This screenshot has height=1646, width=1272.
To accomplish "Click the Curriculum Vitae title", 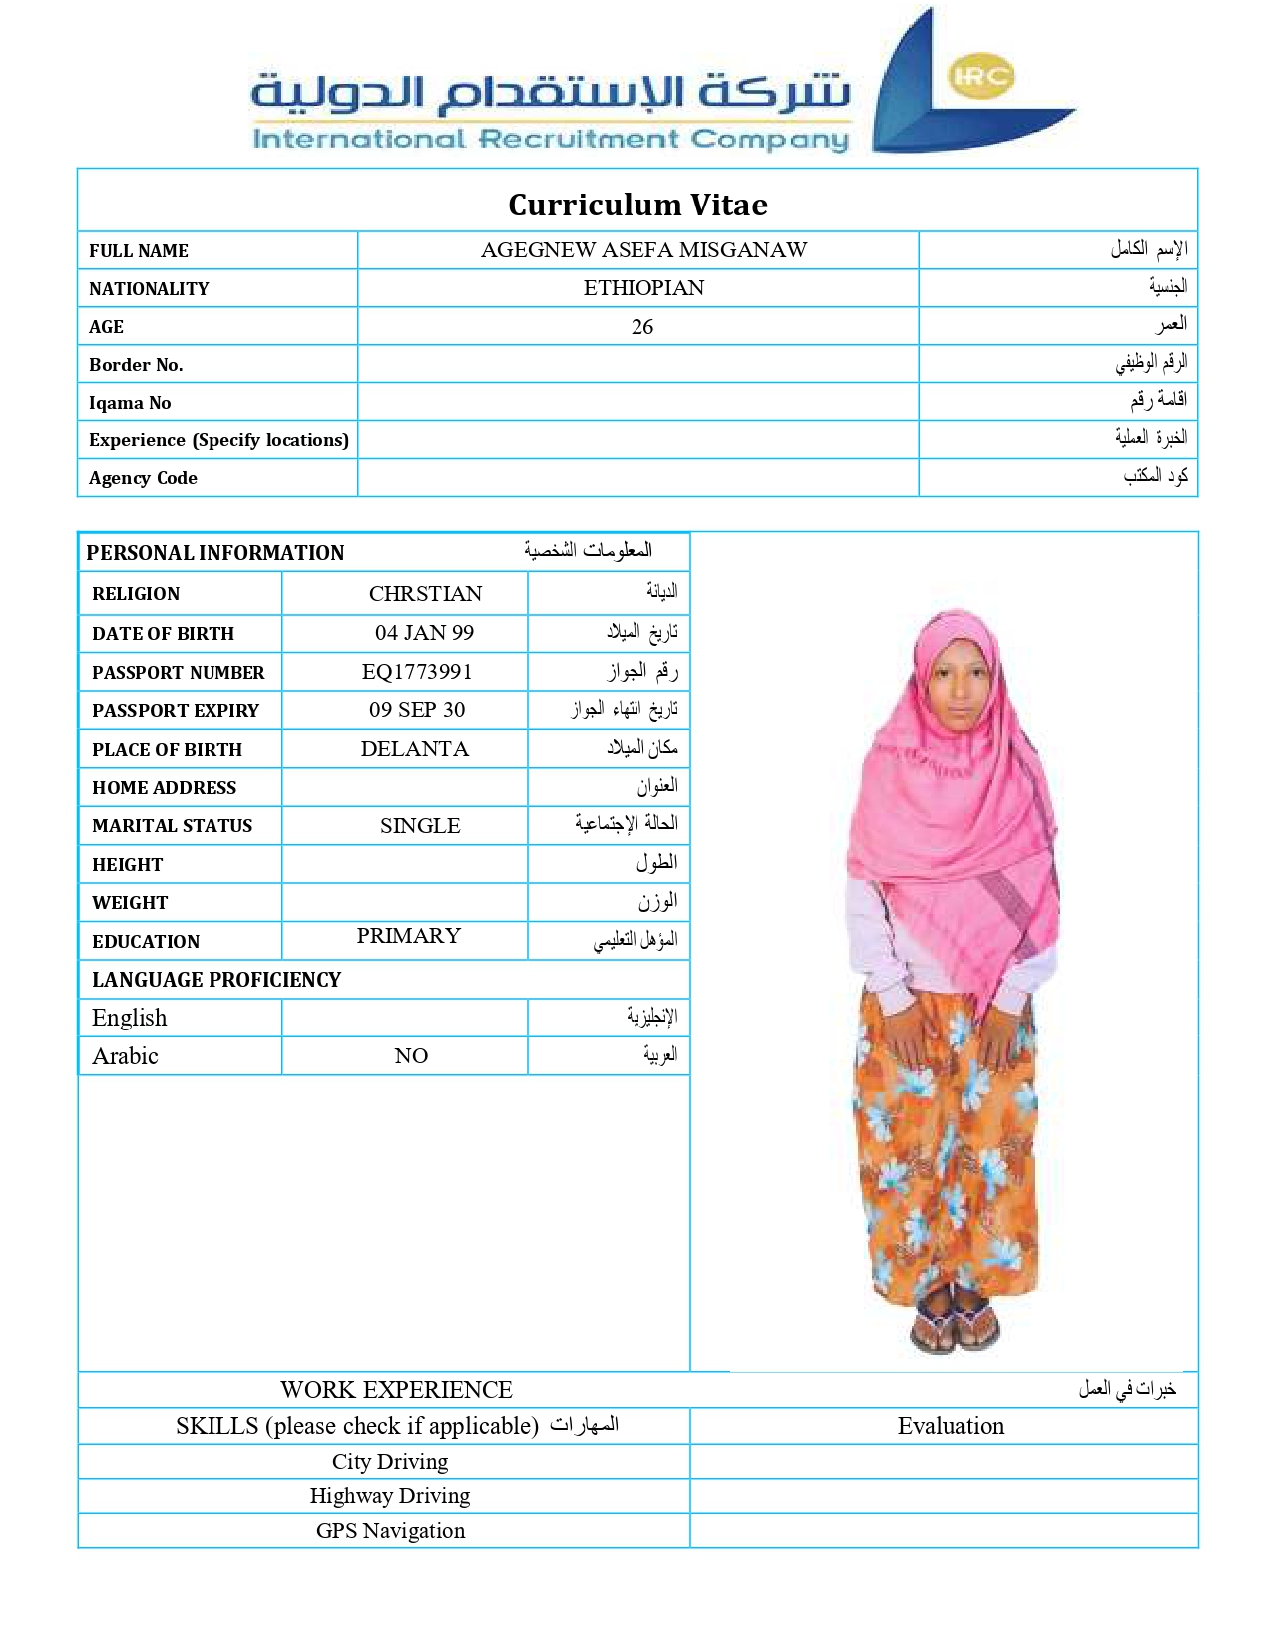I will tap(637, 205).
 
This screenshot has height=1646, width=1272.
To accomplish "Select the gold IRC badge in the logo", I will tap(982, 77).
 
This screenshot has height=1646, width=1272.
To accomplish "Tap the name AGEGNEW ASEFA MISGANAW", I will tap(643, 250).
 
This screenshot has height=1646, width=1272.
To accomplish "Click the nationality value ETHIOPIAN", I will tap(643, 288).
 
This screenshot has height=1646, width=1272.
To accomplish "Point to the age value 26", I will tap(642, 327).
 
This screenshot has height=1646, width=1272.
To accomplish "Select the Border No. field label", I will tap(136, 365).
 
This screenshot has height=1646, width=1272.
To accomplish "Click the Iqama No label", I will tap(130, 403).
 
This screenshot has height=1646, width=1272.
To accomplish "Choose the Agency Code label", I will tap(143, 478).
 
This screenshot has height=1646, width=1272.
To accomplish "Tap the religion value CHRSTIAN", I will tap(425, 594).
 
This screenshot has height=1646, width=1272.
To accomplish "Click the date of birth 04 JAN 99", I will tap(424, 633).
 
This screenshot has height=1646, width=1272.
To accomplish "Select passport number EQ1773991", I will tap(417, 672).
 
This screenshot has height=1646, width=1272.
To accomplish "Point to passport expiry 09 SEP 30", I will tap(417, 710).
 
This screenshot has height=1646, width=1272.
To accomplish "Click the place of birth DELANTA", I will tap(414, 749).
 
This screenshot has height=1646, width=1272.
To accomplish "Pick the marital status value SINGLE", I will tap(420, 826).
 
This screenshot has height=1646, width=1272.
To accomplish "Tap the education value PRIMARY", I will tap(409, 936).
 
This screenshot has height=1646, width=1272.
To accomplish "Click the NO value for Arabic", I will tap(411, 1056).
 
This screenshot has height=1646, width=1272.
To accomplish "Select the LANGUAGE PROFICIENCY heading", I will tap(216, 980).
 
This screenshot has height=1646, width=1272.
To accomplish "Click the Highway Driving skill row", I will tap(390, 1496).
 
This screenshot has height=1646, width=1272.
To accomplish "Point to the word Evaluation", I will tap(950, 1426).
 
